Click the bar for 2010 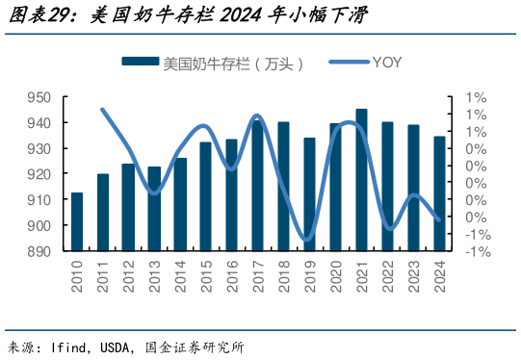click(77, 222)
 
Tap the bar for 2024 click(439, 193)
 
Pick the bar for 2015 click(205, 196)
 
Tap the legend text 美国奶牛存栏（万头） click(234, 64)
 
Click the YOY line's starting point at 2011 click(103, 110)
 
